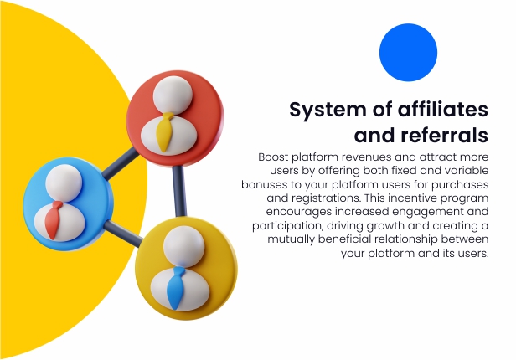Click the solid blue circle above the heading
408,52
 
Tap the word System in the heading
328,111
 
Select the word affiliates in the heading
443,109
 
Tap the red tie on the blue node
54,220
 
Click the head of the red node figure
172,95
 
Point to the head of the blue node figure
64,183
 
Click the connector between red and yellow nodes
179,191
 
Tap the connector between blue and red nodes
121,163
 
